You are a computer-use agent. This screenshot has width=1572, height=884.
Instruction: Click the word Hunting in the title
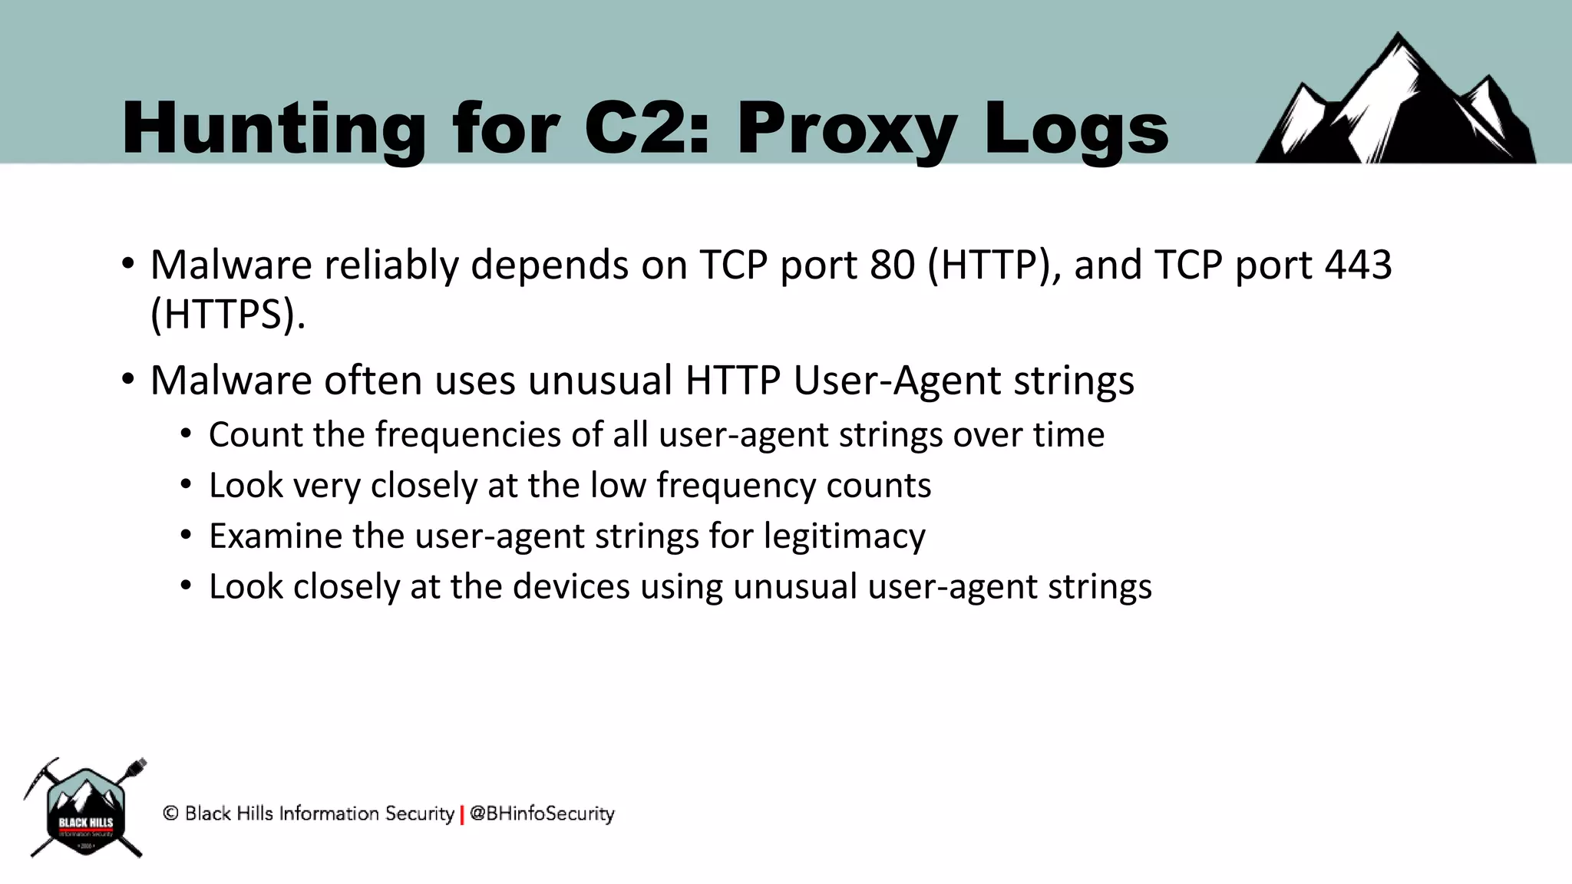(273, 129)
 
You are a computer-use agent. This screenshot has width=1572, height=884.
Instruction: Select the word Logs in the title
(1075, 129)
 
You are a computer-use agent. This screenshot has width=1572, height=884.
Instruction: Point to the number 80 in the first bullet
(893, 265)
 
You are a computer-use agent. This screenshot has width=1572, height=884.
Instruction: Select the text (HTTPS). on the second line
(228, 315)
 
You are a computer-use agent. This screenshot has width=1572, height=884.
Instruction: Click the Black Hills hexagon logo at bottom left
(85, 810)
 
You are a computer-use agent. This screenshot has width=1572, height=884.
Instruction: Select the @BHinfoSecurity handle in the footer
(542, 813)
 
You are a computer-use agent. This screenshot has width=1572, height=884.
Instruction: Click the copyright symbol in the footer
(170, 813)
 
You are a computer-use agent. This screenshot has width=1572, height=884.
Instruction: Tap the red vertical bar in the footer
(462, 815)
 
